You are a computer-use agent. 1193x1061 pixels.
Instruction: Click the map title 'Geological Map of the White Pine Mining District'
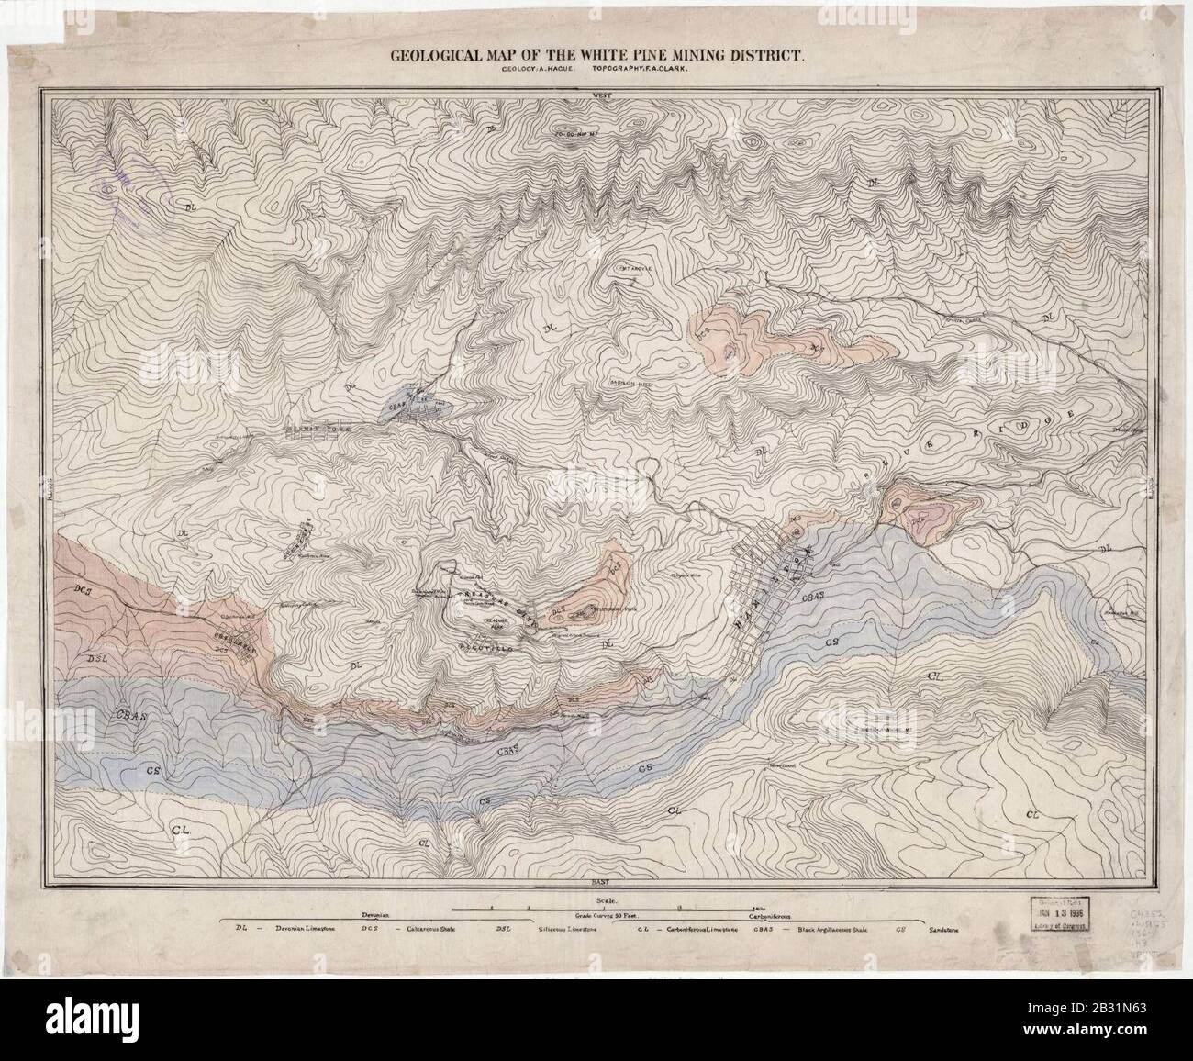coord(598,55)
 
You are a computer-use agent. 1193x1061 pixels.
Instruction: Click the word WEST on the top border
coord(602,94)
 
